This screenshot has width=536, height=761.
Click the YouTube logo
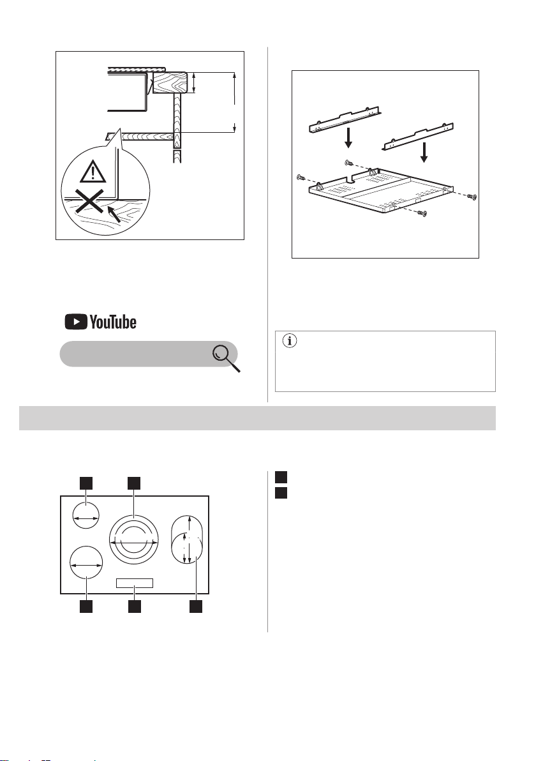(x=100, y=322)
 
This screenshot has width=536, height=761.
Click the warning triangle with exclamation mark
(x=93, y=172)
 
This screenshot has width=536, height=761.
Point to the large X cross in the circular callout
(x=90, y=201)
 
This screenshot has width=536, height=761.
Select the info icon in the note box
(x=290, y=341)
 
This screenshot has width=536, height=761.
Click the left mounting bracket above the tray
(x=346, y=121)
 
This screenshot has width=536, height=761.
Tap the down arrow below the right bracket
(x=424, y=153)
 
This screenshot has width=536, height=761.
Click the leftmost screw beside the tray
(x=300, y=177)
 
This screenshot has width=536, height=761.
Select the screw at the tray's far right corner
(x=472, y=195)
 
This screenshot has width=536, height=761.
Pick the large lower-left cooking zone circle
(x=87, y=563)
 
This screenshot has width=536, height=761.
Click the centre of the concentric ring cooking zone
(x=134, y=539)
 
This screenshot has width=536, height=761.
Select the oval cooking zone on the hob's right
(x=187, y=539)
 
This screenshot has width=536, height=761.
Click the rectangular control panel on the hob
(x=135, y=583)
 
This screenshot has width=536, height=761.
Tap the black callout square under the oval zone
(x=195, y=607)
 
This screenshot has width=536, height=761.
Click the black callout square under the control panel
(x=135, y=607)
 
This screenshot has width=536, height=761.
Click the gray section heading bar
(x=257, y=418)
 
